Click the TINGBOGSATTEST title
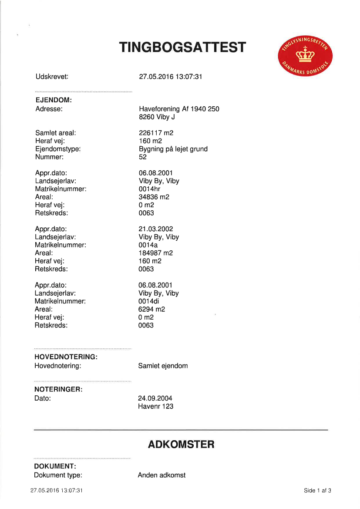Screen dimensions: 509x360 point(183,48)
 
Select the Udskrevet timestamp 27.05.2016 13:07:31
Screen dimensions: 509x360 point(171,77)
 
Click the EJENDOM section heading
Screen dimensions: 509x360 point(54,101)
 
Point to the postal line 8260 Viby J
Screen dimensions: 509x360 point(157,117)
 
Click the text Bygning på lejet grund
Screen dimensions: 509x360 point(173,149)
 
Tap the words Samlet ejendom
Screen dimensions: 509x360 point(163,366)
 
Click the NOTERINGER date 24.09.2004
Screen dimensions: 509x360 point(155,398)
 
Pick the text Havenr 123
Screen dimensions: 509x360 point(155,407)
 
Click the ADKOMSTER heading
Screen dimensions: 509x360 point(181,445)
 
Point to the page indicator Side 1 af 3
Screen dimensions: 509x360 point(318,491)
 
